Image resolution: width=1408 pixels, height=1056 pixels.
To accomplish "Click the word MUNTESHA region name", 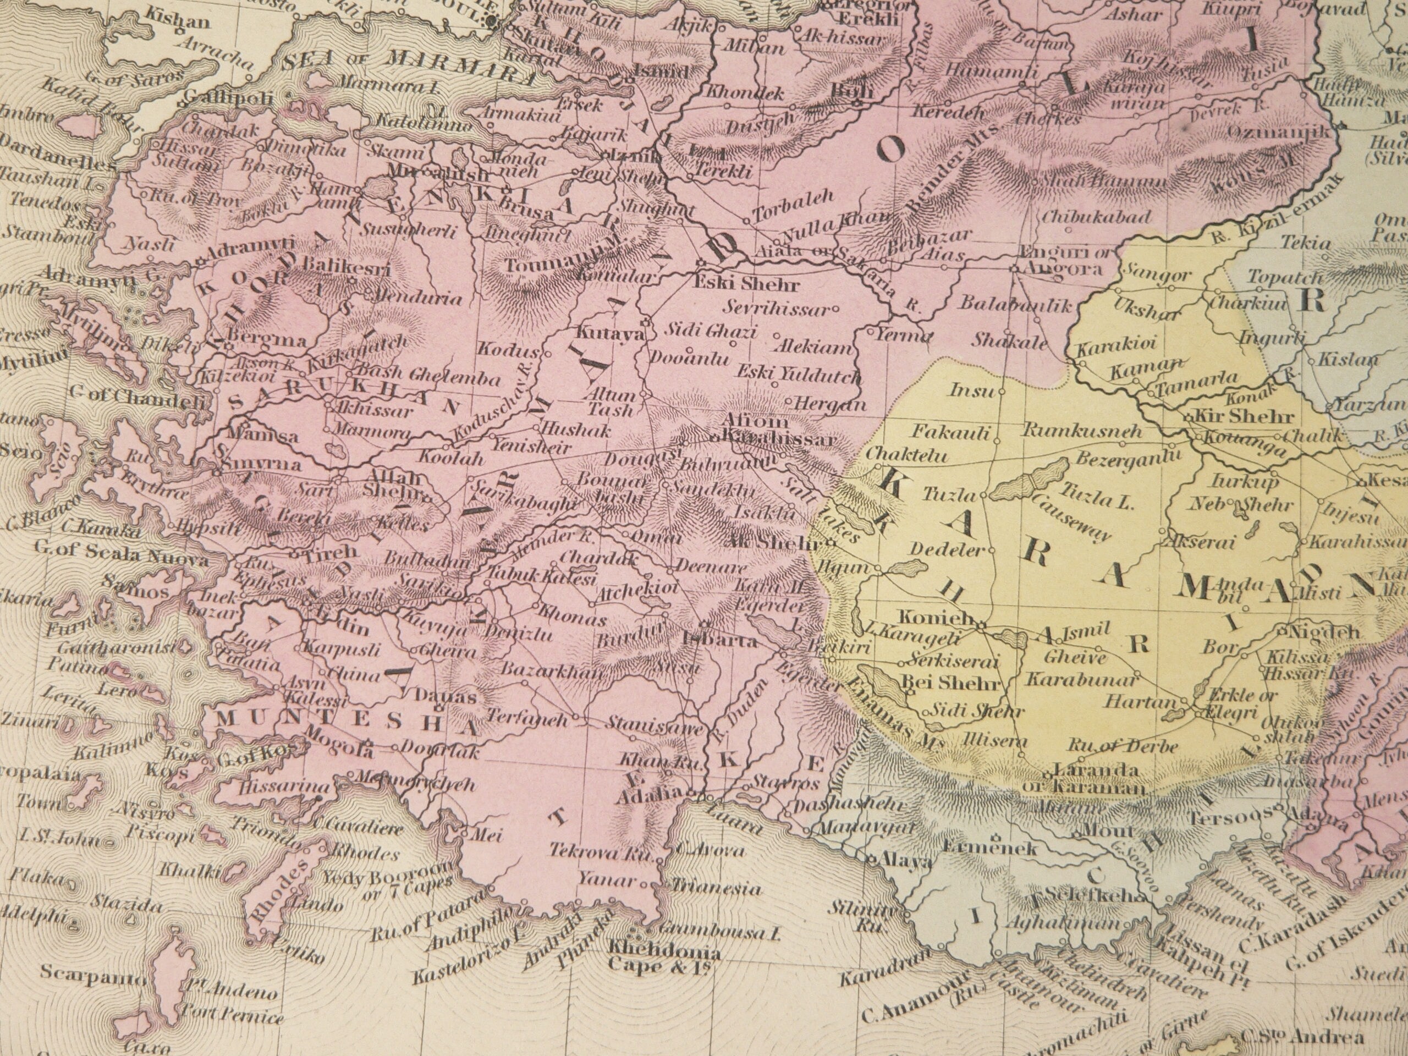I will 347,724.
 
